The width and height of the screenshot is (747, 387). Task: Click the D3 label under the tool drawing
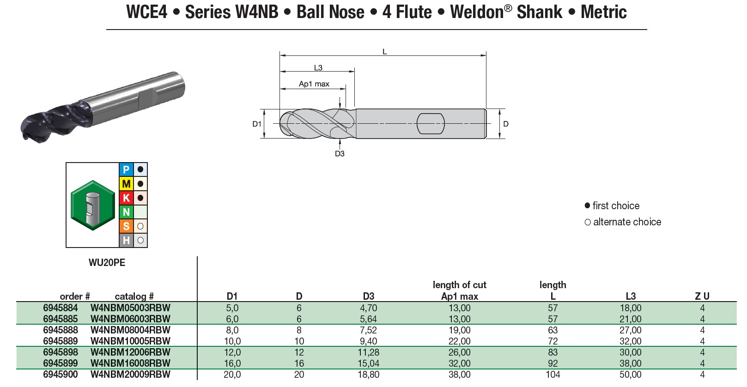point(340,154)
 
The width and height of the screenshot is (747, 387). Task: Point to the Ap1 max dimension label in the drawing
point(314,84)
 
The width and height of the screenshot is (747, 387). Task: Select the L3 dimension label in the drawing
point(318,68)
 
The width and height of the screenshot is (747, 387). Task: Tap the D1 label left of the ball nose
point(257,124)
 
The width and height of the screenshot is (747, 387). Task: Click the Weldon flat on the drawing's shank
point(431,123)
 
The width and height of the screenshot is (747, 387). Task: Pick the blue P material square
point(126,169)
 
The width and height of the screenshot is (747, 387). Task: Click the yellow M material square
point(126,184)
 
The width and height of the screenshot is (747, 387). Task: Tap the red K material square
point(126,198)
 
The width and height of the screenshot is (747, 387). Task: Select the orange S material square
point(126,226)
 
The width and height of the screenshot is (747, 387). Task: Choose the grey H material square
point(126,240)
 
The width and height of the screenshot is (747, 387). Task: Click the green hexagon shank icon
point(93,205)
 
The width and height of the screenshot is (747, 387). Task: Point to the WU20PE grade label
point(107,263)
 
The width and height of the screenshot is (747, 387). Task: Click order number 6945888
point(61,330)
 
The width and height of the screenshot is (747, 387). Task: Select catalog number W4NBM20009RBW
point(130,375)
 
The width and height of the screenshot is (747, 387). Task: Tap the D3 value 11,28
point(368,352)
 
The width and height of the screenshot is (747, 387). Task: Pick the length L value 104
point(553,375)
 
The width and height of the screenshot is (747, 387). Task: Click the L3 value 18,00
point(630,308)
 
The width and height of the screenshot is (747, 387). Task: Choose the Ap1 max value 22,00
point(459,341)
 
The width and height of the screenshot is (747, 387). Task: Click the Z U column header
point(702,296)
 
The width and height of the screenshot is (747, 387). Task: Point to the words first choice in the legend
point(616,206)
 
